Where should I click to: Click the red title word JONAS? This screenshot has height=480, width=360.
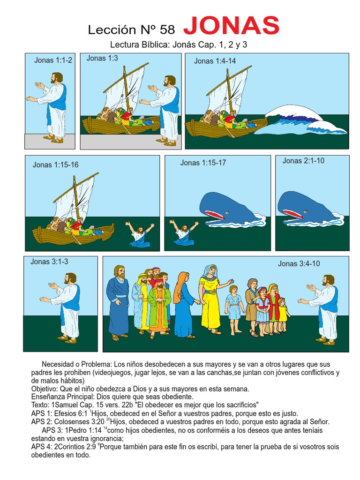point(232,26)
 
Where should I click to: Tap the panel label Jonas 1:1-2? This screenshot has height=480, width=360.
point(53,60)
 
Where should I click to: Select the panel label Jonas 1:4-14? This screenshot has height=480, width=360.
point(215,61)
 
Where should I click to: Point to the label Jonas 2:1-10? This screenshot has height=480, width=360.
point(303,161)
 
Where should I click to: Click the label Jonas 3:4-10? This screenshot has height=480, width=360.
point(299,263)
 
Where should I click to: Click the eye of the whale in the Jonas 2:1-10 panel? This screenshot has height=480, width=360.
point(306,211)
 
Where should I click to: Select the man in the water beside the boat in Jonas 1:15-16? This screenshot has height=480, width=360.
point(140,235)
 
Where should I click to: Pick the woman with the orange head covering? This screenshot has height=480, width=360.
point(184,305)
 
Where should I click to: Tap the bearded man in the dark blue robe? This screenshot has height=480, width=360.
point(118,303)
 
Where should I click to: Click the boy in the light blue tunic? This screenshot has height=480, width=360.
point(234,310)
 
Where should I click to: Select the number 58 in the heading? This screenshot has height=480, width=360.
point(167,30)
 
